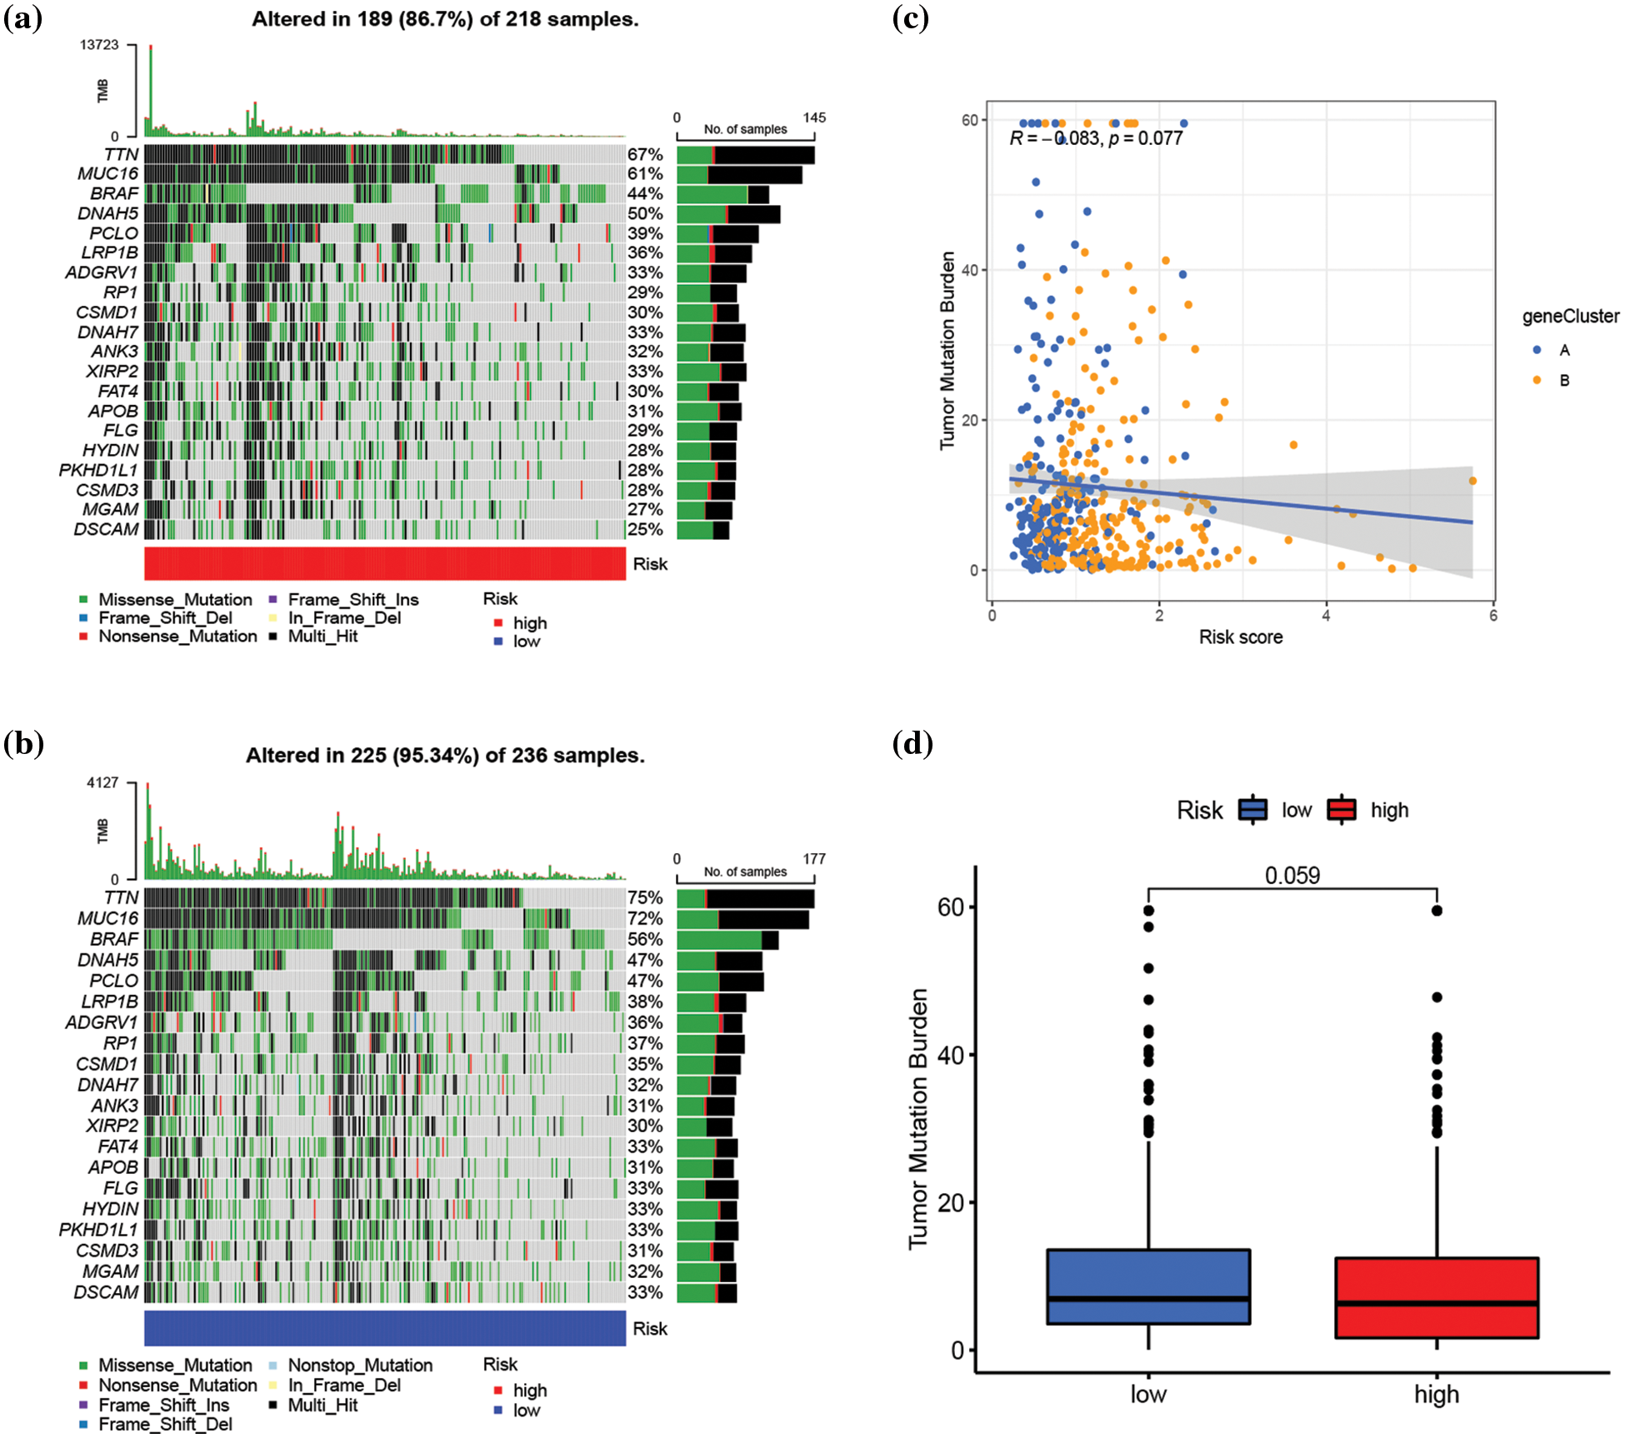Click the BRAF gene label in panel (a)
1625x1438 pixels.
(x=114, y=193)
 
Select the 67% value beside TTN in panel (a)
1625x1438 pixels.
(x=645, y=155)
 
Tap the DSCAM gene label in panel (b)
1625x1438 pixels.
(x=106, y=1292)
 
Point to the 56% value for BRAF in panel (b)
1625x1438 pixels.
(x=645, y=939)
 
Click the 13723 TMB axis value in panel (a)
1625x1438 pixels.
(x=99, y=45)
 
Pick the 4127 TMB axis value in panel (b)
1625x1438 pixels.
(x=102, y=783)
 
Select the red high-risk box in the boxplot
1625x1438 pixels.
(x=1436, y=1297)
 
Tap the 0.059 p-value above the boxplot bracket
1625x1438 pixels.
(x=1292, y=876)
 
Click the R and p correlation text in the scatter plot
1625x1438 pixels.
(x=1096, y=138)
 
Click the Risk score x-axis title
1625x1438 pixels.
(x=1240, y=637)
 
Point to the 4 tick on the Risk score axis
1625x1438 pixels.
(x=1326, y=616)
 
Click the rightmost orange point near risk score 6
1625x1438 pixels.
(x=1472, y=481)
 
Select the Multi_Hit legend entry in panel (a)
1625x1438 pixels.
(x=322, y=637)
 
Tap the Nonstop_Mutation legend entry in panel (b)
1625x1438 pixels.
(x=359, y=1366)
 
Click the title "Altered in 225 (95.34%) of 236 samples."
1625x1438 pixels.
(x=445, y=756)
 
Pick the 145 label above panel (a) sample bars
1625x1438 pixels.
(x=814, y=117)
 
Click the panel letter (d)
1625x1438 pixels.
(x=912, y=743)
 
